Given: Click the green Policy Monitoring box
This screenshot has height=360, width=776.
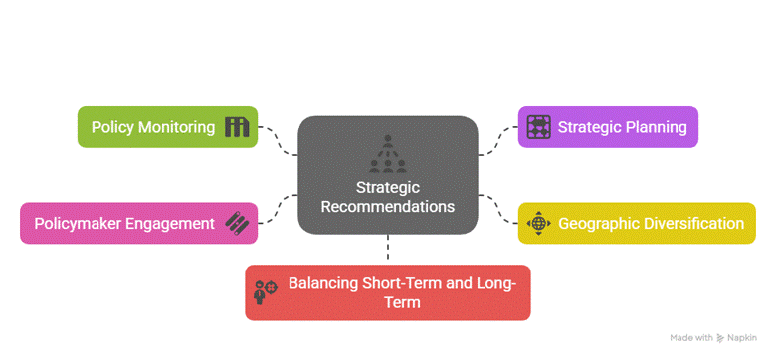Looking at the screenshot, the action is (168, 127).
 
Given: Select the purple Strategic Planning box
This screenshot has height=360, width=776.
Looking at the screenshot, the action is (608, 127).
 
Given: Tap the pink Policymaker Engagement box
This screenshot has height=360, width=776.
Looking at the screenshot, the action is (138, 223).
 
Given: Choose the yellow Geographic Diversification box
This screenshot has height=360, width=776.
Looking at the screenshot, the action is (637, 223).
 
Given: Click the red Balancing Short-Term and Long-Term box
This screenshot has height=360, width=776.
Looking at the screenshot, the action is (388, 292).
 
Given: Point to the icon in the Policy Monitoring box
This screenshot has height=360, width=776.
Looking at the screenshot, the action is (237, 127).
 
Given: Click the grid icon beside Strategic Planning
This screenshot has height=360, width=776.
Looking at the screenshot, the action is (538, 127).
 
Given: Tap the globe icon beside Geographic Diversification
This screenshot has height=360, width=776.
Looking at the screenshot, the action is (538, 223).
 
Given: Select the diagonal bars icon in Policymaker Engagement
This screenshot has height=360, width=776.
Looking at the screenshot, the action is (237, 223).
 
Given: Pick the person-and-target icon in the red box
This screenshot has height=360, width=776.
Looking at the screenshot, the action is (266, 291).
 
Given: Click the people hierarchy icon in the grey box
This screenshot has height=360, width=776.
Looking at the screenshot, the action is (388, 154).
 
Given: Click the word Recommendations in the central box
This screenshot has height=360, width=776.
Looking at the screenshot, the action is (388, 206).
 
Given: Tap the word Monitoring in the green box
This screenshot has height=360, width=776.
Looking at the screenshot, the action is (176, 127).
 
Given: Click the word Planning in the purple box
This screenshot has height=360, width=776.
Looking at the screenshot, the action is (656, 127).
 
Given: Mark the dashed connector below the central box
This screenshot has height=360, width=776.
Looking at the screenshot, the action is (388, 247).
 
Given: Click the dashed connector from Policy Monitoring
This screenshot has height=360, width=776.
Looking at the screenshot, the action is (278, 141).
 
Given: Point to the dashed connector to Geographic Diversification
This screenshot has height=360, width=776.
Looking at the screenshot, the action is (498, 209).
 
